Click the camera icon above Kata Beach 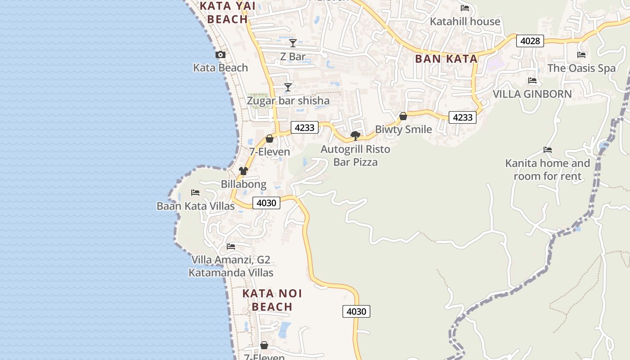click(220, 55)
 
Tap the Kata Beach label click(220, 68)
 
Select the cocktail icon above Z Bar click(293, 43)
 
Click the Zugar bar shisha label click(288, 101)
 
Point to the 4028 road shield click(530, 41)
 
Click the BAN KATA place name click(446, 59)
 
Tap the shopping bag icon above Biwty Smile click(403, 116)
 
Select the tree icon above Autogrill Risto click(355, 135)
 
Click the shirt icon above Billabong click(243, 171)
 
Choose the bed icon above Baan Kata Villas click(195, 193)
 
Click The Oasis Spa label click(581, 68)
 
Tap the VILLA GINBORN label click(532, 94)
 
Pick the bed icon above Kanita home click(548, 150)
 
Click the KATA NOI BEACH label click(272, 300)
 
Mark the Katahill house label click(465, 22)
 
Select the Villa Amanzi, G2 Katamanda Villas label click(231, 266)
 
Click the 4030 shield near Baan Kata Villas click(266, 203)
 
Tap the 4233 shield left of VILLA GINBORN click(462, 117)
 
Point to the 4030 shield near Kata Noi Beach click(356, 311)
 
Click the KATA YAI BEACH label click(228, 13)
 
